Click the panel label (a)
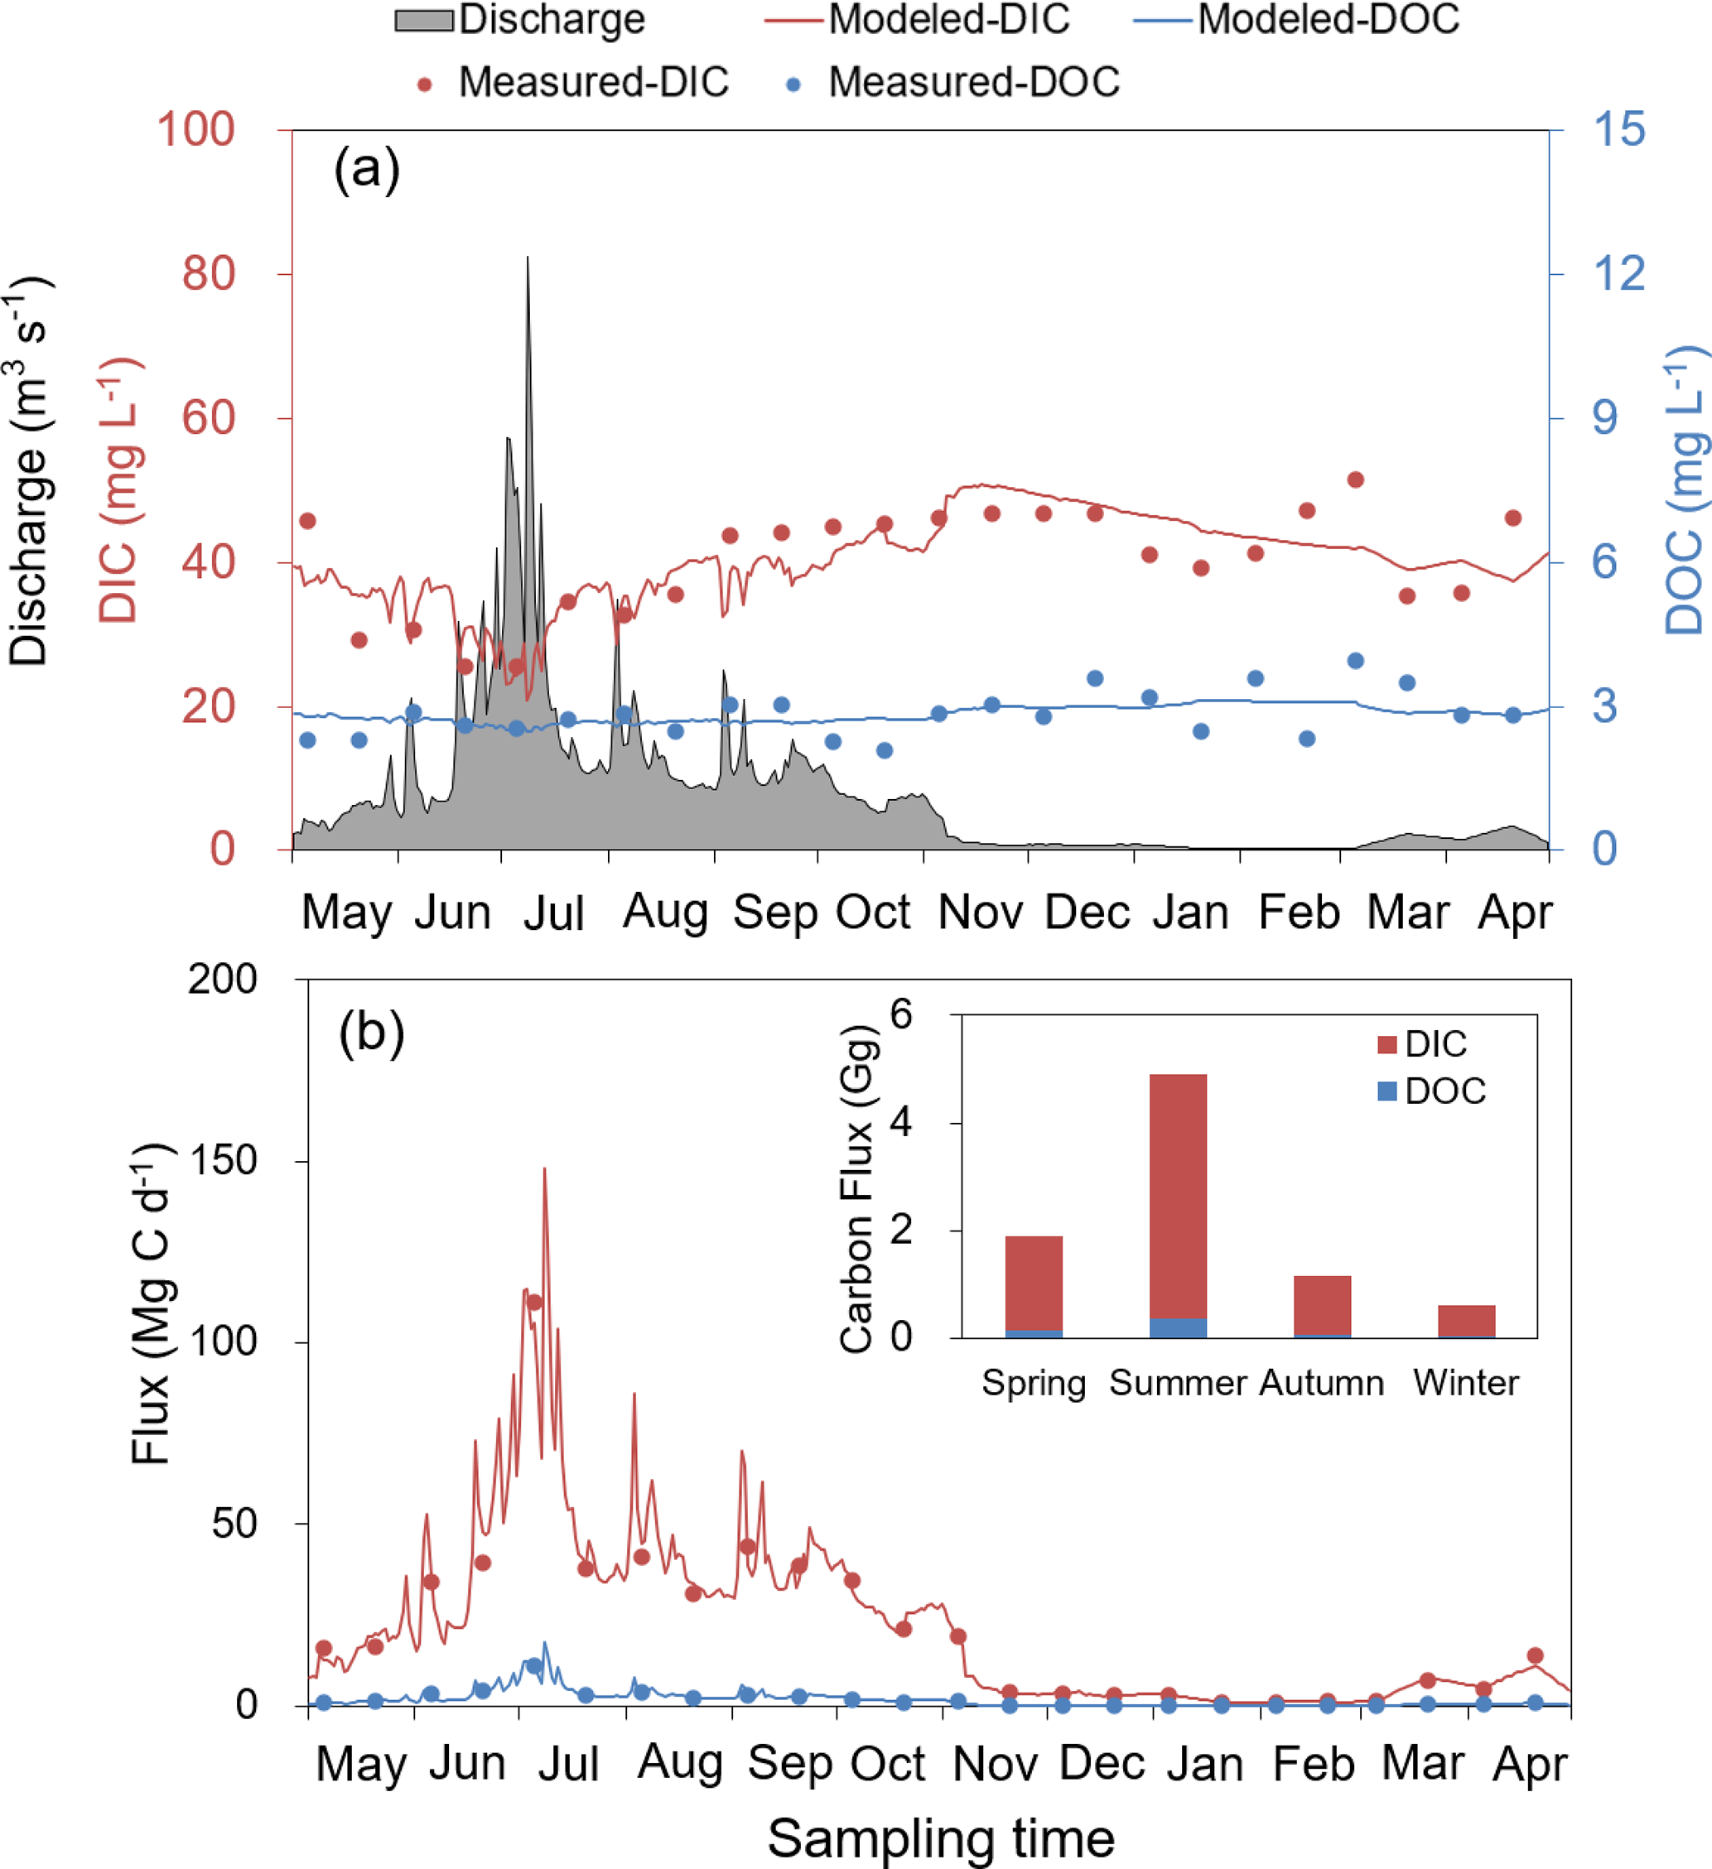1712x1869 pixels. pos(366,170)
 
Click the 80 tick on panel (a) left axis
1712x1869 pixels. pos(209,274)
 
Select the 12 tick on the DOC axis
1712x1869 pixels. pos(1618,274)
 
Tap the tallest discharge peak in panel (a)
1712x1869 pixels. pos(528,258)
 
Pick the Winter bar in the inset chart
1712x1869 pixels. pos(1466,1321)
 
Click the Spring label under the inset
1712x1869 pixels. pos(1033,1383)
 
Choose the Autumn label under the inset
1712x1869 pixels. pos(1322,1383)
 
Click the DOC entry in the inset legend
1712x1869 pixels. pos(1444,1091)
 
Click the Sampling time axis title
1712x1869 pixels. pos(940,1839)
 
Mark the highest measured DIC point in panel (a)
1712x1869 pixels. pos(1355,479)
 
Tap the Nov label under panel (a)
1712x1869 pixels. pos(981,913)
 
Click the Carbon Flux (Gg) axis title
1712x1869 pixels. pos(857,1189)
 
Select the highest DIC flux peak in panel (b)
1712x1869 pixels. pos(544,1170)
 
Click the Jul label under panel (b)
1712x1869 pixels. pos(567,1763)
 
